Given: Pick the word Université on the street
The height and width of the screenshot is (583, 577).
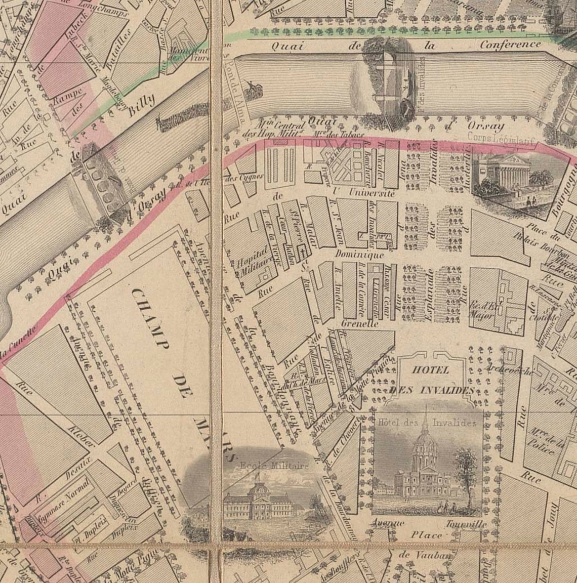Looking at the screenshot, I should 364,193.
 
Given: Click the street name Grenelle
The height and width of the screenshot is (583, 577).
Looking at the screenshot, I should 360,323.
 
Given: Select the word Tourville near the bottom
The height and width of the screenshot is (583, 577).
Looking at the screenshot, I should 466,524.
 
